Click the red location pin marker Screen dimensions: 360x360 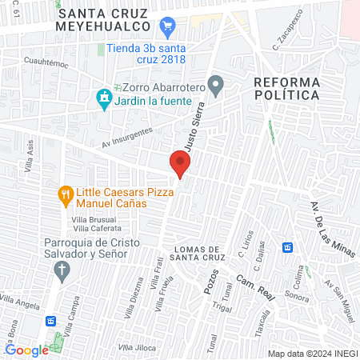click(x=180, y=163)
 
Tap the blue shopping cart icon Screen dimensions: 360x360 click(x=167, y=28)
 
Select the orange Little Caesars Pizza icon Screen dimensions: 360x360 click(x=66, y=193)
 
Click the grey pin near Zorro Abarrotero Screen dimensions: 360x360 click(x=215, y=84)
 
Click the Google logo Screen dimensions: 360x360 click(x=27, y=350)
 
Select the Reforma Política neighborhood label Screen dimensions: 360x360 click(x=286, y=88)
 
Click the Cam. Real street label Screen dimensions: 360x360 click(x=257, y=289)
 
